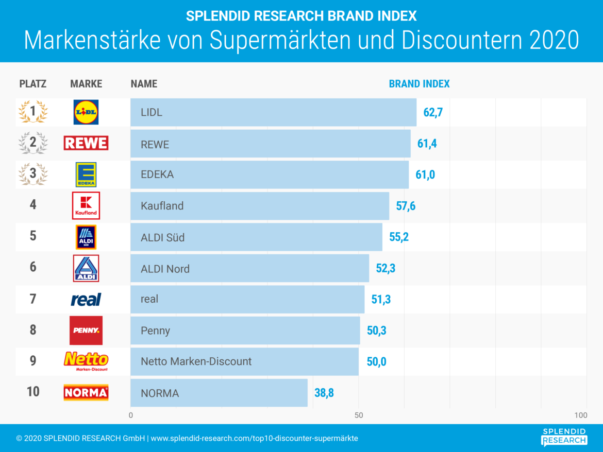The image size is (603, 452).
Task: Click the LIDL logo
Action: click(86, 112)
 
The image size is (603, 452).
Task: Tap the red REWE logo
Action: click(86, 143)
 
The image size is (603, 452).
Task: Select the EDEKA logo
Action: click(86, 175)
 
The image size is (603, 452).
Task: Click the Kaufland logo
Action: click(86, 205)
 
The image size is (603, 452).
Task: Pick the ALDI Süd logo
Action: click(86, 237)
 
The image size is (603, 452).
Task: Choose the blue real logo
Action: click(86, 300)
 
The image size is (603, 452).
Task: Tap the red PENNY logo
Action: click(86, 331)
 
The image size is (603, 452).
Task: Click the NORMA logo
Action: click(86, 393)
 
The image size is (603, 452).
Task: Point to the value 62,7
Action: click(433, 112)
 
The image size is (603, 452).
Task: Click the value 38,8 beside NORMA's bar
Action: click(324, 393)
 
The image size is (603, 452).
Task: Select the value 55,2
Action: click(398, 237)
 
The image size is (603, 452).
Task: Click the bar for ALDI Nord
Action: click(249, 268)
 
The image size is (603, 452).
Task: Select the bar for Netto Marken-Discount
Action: click(244, 361)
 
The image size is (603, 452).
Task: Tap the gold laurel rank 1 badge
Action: click(33, 112)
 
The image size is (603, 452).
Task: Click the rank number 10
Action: click(33, 392)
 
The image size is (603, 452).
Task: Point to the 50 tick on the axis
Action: click(359, 415)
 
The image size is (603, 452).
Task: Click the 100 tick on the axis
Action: click(581, 415)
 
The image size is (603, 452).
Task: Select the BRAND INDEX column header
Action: click(419, 84)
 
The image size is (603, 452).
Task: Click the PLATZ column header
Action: click(33, 84)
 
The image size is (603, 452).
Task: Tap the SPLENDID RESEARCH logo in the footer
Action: click(564, 437)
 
